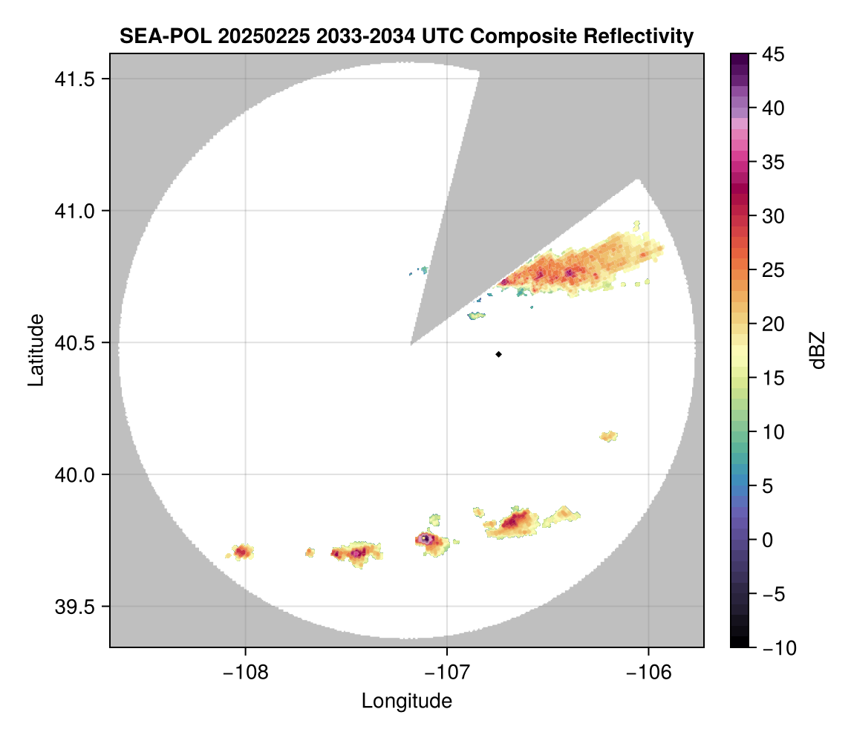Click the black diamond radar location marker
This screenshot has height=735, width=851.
(498, 354)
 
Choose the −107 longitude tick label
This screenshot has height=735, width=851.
(447, 672)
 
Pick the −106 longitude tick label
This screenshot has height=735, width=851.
(649, 672)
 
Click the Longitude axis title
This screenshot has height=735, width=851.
(406, 701)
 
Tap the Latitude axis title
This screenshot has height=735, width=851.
(36, 350)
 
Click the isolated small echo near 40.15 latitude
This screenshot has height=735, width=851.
(608, 436)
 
